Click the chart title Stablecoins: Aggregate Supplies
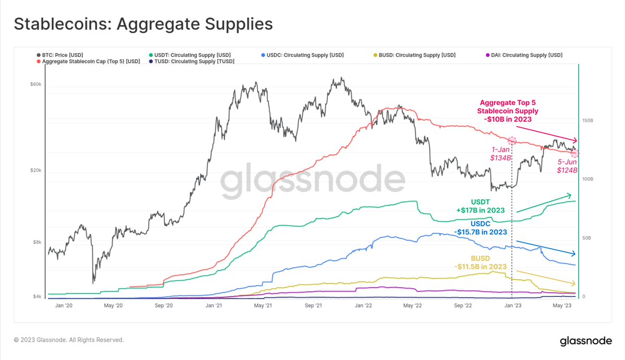(x=143, y=24)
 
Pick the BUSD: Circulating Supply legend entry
(x=416, y=55)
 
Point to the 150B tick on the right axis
(x=587, y=120)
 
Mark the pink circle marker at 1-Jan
(x=512, y=141)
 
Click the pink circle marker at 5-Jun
(x=575, y=153)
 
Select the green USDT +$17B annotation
(x=481, y=205)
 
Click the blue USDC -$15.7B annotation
(x=481, y=228)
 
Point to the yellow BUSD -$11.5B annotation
(x=480, y=262)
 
